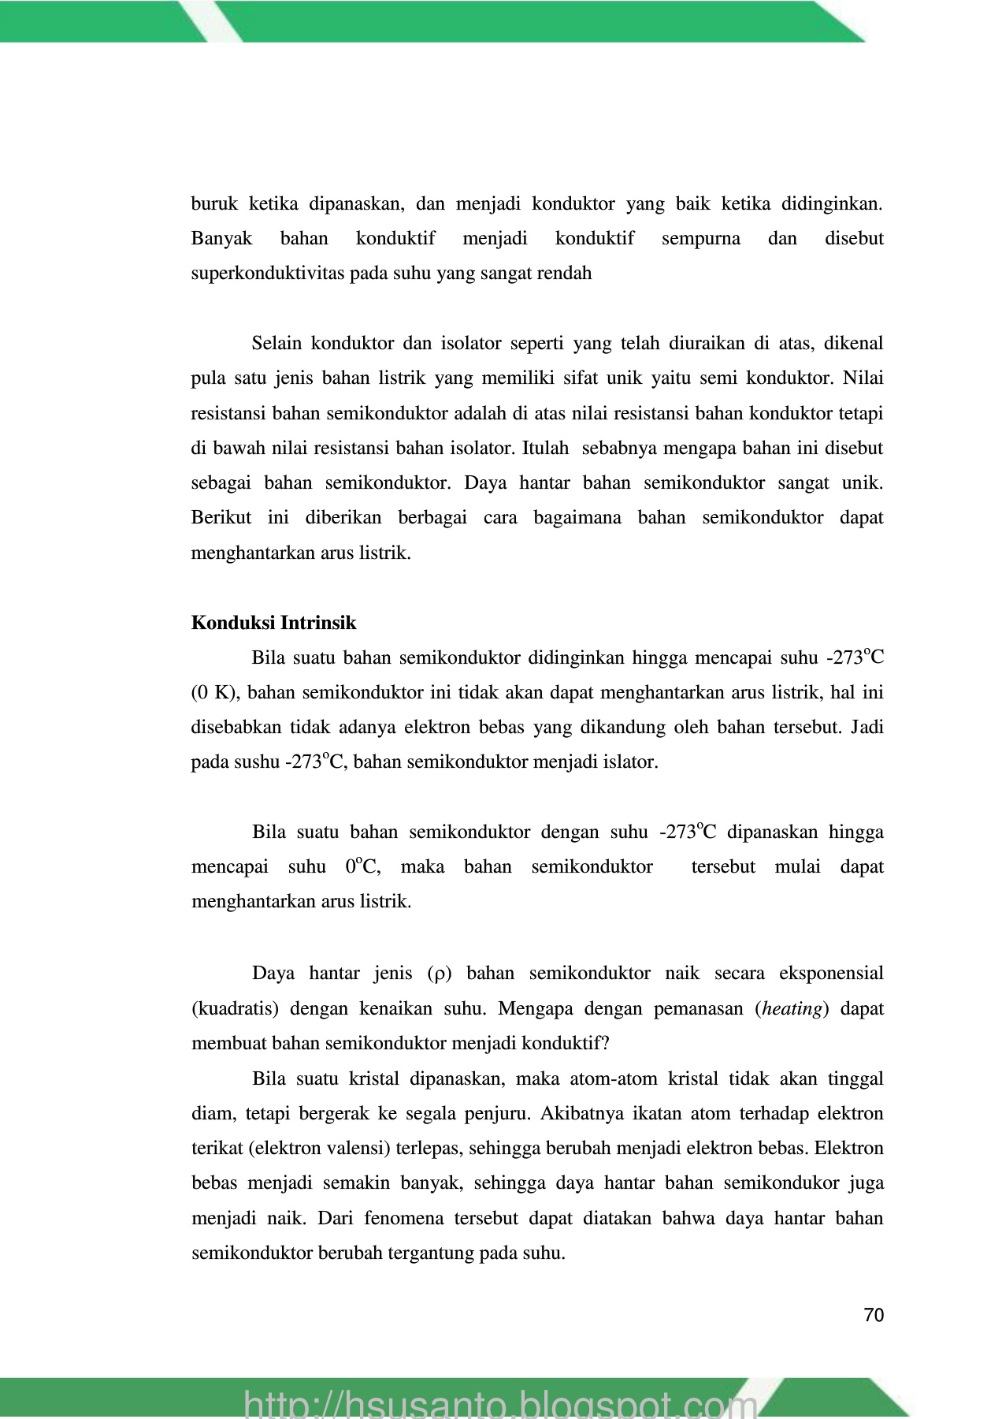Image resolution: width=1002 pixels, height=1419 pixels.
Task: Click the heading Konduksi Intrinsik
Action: [x=273, y=623]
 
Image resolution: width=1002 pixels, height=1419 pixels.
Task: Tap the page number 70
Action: [x=874, y=1315]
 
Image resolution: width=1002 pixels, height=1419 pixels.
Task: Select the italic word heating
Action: [x=792, y=1008]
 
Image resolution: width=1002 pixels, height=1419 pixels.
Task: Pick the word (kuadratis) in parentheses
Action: [x=235, y=1008]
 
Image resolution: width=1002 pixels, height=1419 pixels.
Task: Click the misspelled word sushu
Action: [x=257, y=762]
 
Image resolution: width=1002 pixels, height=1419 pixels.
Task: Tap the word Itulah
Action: [x=545, y=448]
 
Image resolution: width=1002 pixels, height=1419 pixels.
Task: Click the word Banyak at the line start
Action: [x=221, y=239]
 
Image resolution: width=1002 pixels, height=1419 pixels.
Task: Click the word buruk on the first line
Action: [x=213, y=204]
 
